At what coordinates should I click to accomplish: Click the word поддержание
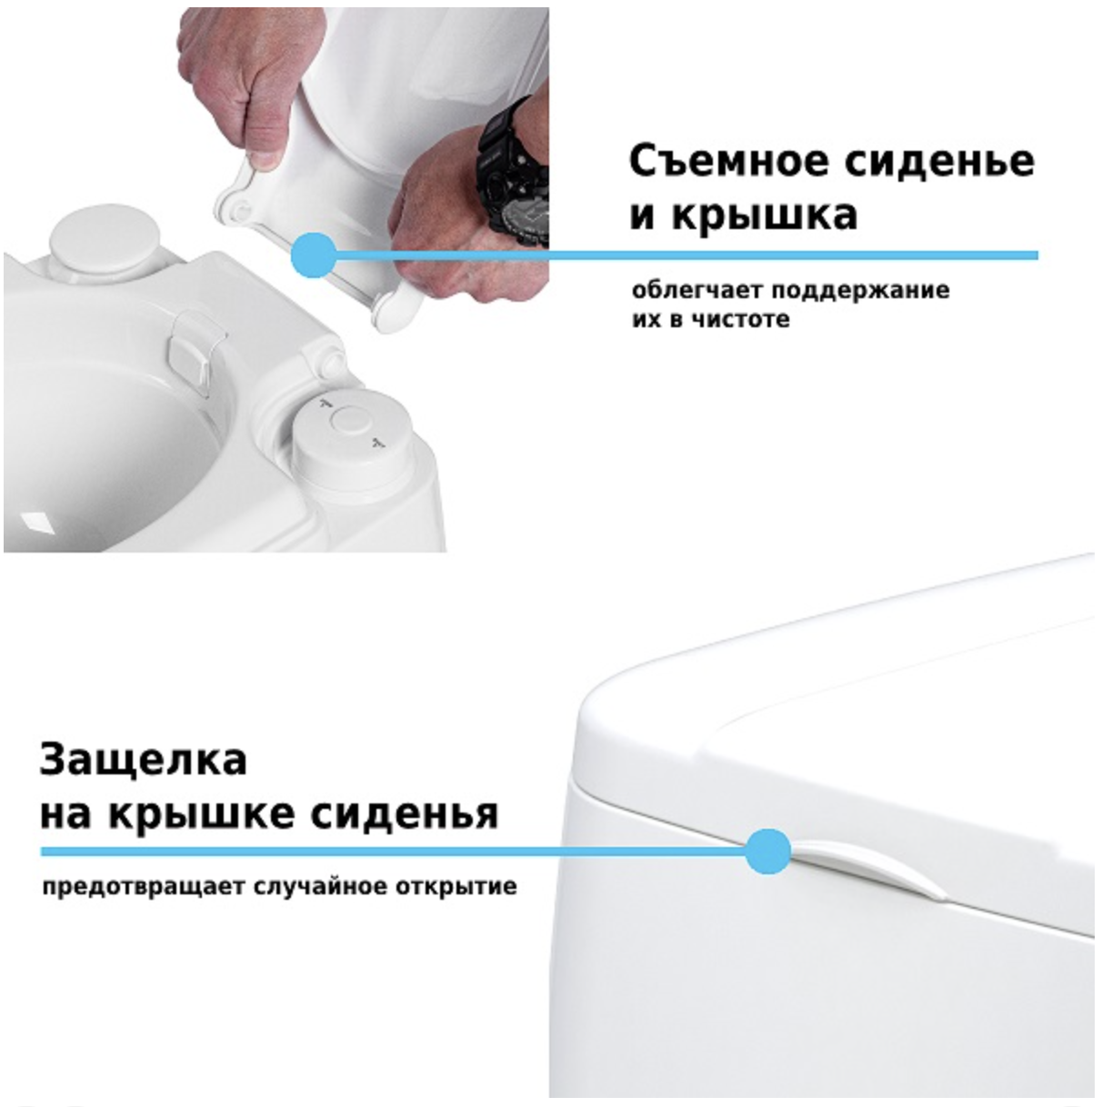click(x=860, y=291)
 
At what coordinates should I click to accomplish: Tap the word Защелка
click(x=143, y=760)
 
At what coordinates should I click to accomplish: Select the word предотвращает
click(x=144, y=886)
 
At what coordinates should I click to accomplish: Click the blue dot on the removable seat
click(x=314, y=255)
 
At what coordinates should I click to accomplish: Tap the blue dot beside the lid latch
click(x=767, y=852)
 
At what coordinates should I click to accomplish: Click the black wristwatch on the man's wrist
click(x=515, y=173)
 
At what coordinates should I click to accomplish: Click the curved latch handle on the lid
click(x=868, y=866)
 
